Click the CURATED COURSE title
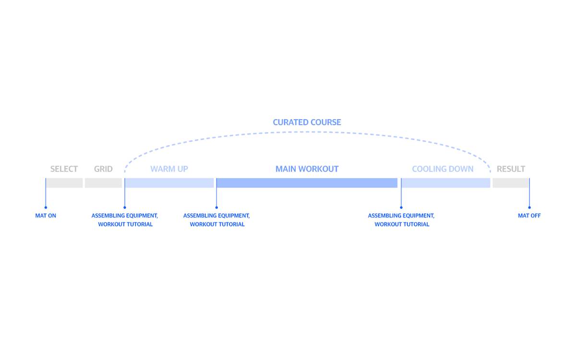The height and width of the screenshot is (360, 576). tap(307, 122)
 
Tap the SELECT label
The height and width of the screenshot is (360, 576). tap(64, 169)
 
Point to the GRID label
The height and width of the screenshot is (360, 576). tap(103, 169)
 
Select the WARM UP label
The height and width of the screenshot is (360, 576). tap(169, 169)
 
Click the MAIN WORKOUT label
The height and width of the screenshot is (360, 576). tap(307, 169)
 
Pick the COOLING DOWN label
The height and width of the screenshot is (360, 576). tap(443, 169)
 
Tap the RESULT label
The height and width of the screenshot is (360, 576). tap(511, 169)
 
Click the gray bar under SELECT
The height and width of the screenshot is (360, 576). tap(64, 183)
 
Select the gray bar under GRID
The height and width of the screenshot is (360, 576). tap(103, 183)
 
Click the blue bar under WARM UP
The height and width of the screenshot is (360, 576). tap(169, 183)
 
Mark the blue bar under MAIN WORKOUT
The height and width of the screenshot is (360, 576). tap(307, 183)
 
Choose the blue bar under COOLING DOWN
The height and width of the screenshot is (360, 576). tap(445, 183)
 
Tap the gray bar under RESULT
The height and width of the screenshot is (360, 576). tap(511, 183)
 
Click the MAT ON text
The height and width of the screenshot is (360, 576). tap(46, 216)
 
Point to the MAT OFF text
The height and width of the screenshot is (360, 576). tap(529, 216)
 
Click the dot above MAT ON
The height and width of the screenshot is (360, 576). tap(46, 208)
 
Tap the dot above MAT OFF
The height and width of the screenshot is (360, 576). tap(529, 208)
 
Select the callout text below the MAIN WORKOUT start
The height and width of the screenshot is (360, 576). tap(217, 220)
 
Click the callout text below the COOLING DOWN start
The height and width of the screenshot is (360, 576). tap(401, 220)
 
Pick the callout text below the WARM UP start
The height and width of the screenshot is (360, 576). tap(125, 220)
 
